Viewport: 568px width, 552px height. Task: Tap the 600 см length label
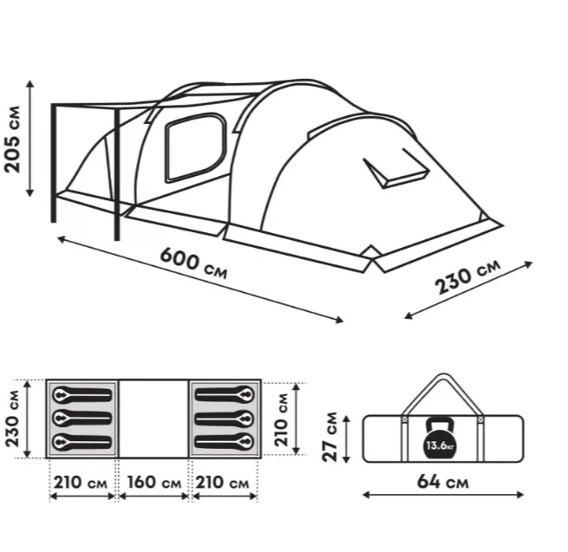point(193,263)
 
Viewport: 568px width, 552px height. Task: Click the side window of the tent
point(195,147)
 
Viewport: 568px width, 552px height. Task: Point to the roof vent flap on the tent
point(396,169)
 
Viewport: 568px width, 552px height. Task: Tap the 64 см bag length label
point(442,482)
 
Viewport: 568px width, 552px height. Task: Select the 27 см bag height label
point(330,437)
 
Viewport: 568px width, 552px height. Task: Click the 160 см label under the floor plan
point(154,482)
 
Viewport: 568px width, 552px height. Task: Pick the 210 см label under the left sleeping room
point(81,482)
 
